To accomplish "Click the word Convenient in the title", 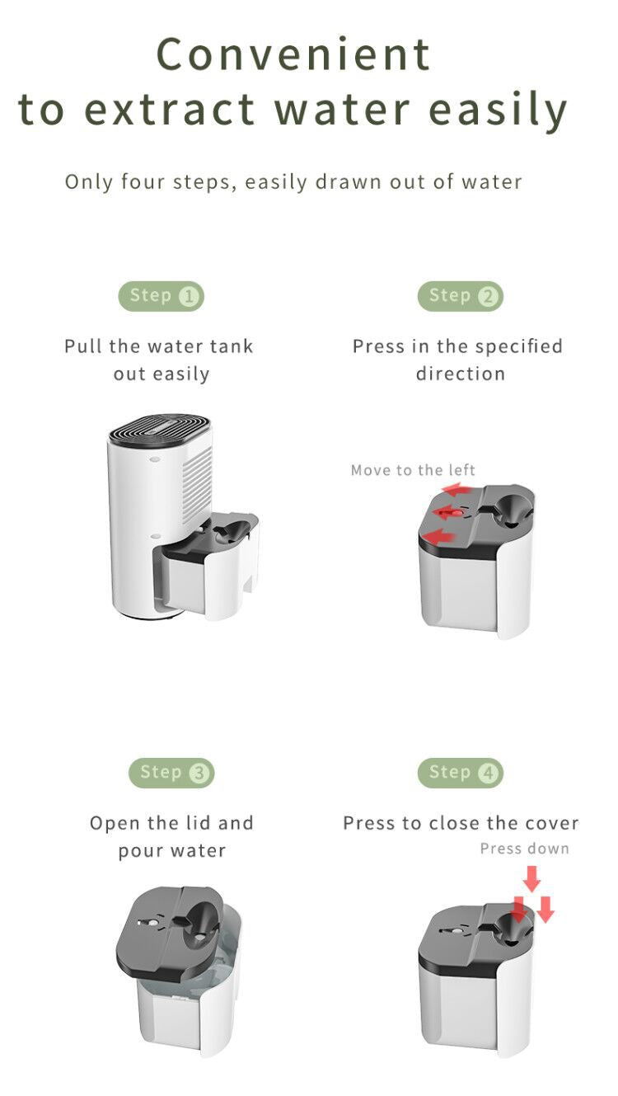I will [x=293, y=54].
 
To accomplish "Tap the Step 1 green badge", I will [x=162, y=296].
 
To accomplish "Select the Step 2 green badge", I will [x=461, y=296].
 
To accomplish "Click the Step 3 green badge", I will [x=171, y=773].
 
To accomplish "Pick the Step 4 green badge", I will [x=461, y=773].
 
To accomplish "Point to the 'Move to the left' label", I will [x=413, y=470].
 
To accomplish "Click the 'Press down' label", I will [x=524, y=849].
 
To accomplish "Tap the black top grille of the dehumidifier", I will [x=159, y=430].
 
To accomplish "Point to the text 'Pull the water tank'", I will [x=159, y=346].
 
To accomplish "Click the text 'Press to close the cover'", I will [x=461, y=823].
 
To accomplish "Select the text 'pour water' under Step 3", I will [x=171, y=850].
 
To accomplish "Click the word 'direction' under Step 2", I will [x=460, y=374].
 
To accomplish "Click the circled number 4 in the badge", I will [x=489, y=774].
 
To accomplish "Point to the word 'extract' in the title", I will [x=169, y=110].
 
